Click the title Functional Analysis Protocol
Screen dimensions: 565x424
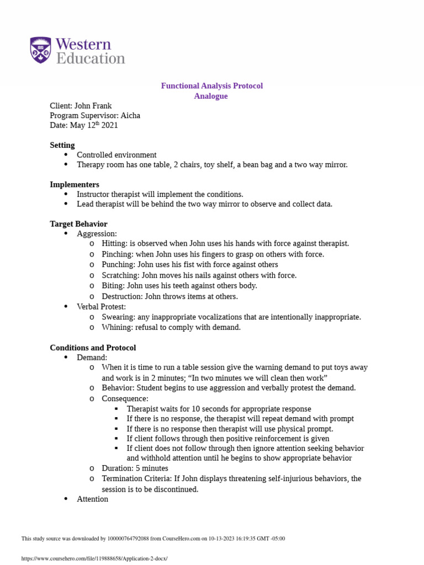211,86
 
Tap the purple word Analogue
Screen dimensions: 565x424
211,96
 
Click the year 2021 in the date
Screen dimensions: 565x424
109,126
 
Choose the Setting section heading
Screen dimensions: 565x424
62,145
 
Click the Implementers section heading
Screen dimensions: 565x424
75,184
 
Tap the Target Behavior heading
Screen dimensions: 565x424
78,224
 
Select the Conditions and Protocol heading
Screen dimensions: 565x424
93,348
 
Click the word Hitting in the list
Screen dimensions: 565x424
114,244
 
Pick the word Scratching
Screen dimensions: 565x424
120,275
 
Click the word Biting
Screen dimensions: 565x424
113,286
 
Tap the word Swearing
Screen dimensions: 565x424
118,317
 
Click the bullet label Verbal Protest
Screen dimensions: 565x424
101,307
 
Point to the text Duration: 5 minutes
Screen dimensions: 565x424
135,468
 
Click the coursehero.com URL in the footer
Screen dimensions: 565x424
94,558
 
